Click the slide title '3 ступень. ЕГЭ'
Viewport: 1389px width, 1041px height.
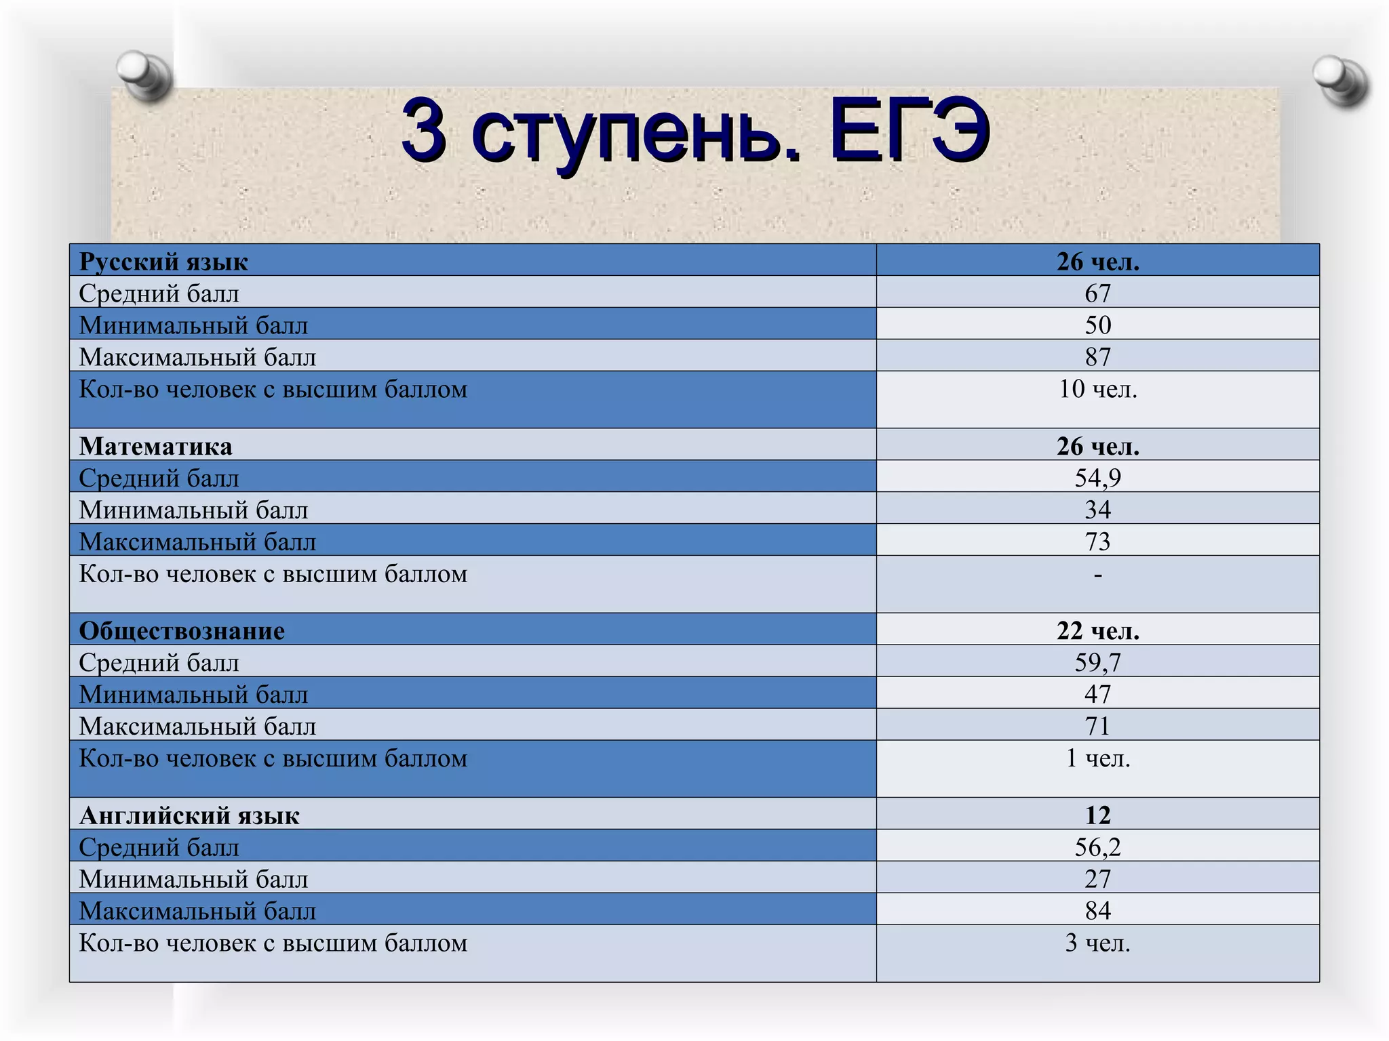point(695,130)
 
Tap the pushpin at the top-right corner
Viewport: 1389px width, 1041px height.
point(1340,80)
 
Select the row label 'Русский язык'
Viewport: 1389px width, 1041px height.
point(163,262)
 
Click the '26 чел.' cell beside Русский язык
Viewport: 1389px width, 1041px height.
point(1097,262)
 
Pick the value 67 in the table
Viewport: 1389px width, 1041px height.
point(1097,293)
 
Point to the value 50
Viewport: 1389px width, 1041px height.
point(1097,325)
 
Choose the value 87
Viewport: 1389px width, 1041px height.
point(1097,357)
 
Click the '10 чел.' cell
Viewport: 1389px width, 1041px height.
point(1097,389)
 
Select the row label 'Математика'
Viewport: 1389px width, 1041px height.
point(155,446)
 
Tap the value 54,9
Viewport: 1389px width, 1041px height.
point(1097,478)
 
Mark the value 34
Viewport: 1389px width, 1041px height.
point(1097,510)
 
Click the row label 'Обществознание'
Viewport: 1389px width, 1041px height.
point(182,631)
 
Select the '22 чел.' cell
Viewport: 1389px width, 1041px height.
point(1097,631)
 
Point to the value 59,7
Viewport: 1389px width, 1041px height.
point(1097,662)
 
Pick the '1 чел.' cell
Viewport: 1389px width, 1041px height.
point(1097,758)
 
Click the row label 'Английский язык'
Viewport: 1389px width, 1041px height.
point(189,815)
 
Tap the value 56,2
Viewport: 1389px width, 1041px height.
point(1097,847)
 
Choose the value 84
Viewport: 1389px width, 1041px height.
point(1097,910)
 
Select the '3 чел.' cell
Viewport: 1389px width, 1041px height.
point(1097,943)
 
